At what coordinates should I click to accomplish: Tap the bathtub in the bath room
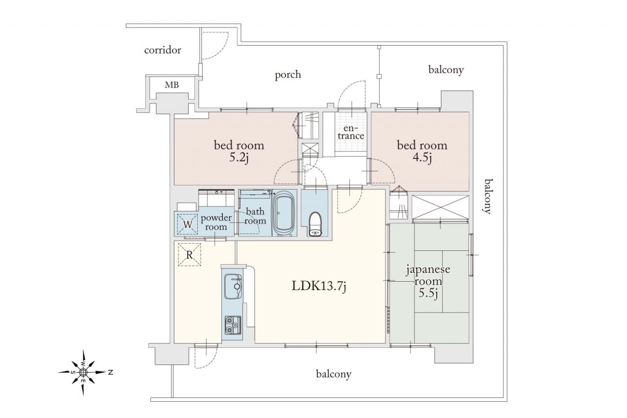(x=284, y=213)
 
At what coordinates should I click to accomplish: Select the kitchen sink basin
(x=233, y=286)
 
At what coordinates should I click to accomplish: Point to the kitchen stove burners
(x=233, y=325)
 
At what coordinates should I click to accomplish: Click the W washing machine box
(x=188, y=224)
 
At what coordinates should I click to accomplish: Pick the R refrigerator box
(x=190, y=254)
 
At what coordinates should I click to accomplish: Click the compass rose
(x=83, y=372)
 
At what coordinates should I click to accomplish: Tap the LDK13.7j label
(x=319, y=286)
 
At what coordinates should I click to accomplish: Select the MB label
(x=171, y=85)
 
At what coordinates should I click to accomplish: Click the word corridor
(x=163, y=50)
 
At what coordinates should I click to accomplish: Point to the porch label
(x=288, y=75)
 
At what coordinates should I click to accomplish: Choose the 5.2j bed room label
(x=239, y=151)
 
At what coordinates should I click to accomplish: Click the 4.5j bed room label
(x=422, y=151)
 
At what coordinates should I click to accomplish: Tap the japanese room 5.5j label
(x=428, y=281)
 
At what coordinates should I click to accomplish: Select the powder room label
(x=216, y=222)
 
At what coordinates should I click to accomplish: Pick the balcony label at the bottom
(x=334, y=374)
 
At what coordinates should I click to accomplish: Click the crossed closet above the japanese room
(x=440, y=207)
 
